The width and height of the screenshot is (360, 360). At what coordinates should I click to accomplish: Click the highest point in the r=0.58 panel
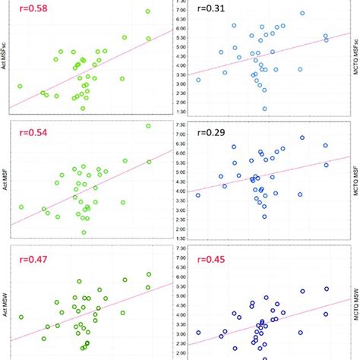click(x=148, y=11)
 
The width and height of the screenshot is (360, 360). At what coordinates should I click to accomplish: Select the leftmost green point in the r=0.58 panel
click(x=21, y=86)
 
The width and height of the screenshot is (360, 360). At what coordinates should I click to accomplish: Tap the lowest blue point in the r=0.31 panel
click(x=264, y=109)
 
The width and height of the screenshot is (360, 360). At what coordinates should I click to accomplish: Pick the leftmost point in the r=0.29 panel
click(x=198, y=195)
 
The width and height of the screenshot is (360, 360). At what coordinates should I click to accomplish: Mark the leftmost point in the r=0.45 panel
click(x=198, y=332)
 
